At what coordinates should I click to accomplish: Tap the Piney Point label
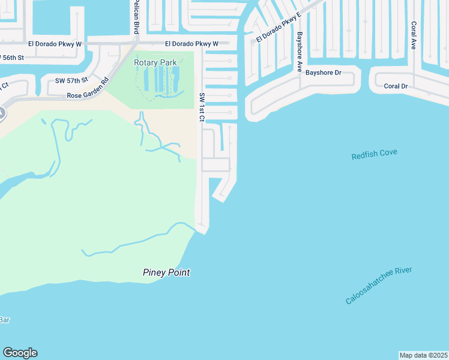pos(166,272)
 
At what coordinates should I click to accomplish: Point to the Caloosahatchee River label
pos(379,286)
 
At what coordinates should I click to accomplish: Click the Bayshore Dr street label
pos(323,73)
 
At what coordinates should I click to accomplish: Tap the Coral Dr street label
pos(396,86)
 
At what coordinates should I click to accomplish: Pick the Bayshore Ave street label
pos(299,52)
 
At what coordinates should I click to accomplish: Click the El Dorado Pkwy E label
pos(278,28)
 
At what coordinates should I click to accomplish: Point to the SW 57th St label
pos(71,80)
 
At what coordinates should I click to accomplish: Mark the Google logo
pos(20,353)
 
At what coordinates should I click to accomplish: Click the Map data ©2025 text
pos(423,355)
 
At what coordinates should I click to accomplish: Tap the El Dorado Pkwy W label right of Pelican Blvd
pos(191,44)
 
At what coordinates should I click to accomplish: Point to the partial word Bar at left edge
pos(4,320)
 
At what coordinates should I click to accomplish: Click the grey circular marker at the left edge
pos(1,112)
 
